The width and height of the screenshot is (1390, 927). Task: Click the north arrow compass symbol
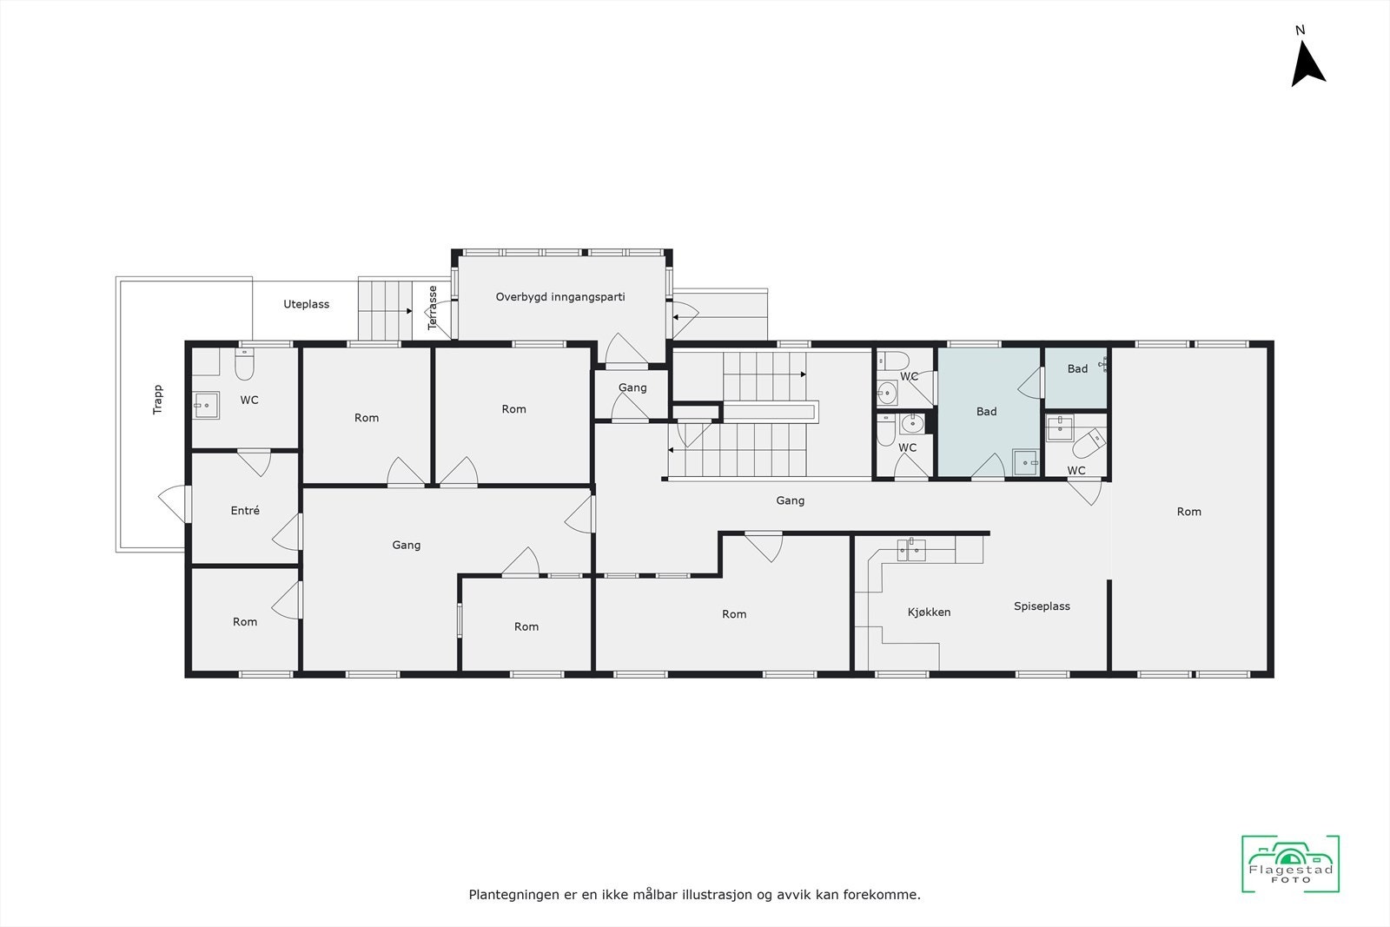click(1307, 65)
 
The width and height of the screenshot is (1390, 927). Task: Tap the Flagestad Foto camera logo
click(1290, 864)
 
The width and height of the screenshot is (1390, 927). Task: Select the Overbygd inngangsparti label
click(560, 297)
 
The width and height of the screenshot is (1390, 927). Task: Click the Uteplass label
click(307, 304)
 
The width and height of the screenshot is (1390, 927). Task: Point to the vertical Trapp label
click(158, 399)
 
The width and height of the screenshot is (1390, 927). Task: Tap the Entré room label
click(245, 511)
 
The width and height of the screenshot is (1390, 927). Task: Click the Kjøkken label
click(929, 612)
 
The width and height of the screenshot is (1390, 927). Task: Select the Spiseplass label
click(1042, 606)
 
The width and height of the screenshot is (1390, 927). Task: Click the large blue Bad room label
click(986, 412)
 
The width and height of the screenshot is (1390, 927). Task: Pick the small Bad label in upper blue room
click(1077, 369)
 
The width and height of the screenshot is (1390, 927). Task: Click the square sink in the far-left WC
click(206, 405)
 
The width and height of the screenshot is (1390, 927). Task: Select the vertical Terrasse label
click(433, 308)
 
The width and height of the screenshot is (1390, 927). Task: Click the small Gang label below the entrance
click(632, 387)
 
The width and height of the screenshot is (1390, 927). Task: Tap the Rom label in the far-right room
click(1188, 512)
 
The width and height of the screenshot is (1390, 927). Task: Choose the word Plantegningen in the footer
click(512, 894)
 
